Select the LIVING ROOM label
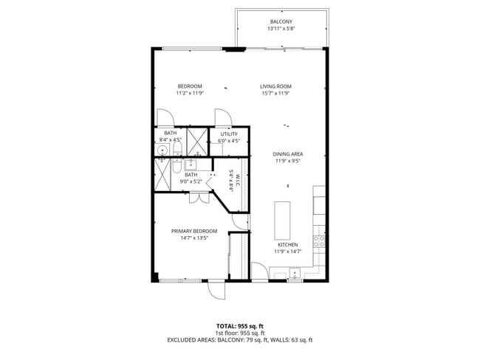[276, 86]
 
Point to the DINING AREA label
[289, 153]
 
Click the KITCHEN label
[287, 244]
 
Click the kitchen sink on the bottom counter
[295, 277]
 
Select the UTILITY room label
[229, 134]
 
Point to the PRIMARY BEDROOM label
[190, 231]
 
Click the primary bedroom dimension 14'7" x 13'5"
[190, 238]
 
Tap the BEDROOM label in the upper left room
[190, 86]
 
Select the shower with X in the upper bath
[196, 140]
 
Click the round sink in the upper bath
[162, 150]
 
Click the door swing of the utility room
[221, 117]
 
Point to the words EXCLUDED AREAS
[194, 340]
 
